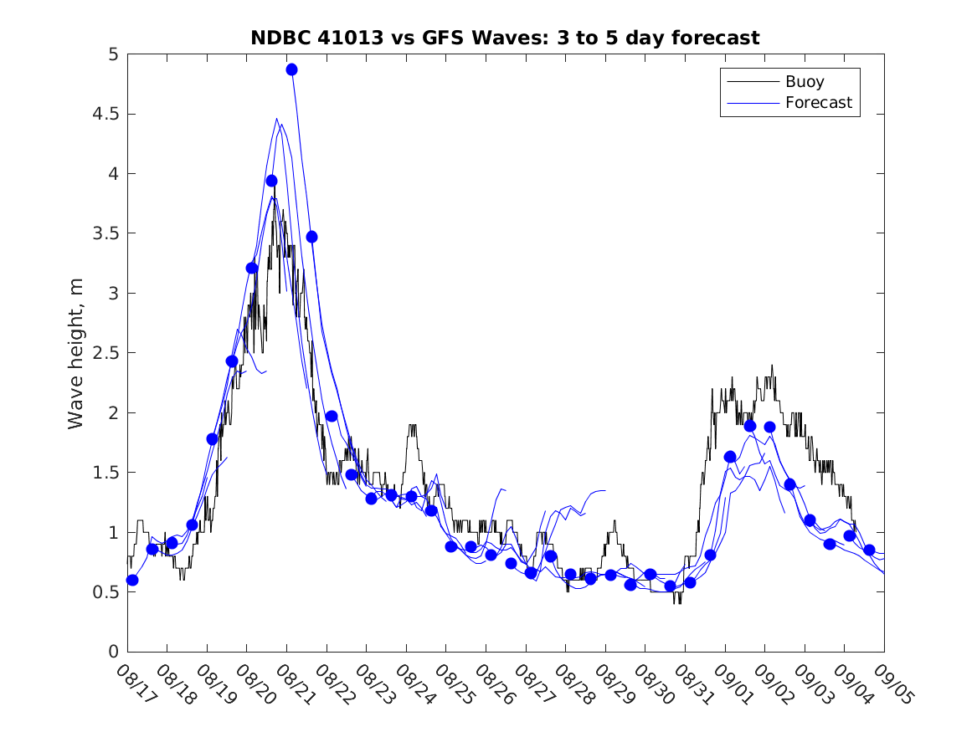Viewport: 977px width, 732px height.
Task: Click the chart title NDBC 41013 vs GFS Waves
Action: tap(505, 38)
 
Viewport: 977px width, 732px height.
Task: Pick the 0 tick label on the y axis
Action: tap(112, 652)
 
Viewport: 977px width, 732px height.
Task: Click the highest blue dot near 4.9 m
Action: tap(291, 69)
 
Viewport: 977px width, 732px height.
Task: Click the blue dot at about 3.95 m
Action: tap(271, 181)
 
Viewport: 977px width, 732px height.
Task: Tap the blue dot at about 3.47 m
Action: tap(311, 237)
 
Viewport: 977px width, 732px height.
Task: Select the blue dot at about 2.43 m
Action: tap(232, 361)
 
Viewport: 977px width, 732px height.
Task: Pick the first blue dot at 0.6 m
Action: tap(132, 580)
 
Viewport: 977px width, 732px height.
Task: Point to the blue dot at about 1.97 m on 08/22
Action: tap(332, 417)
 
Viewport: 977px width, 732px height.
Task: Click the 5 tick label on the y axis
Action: tap(112, 54)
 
